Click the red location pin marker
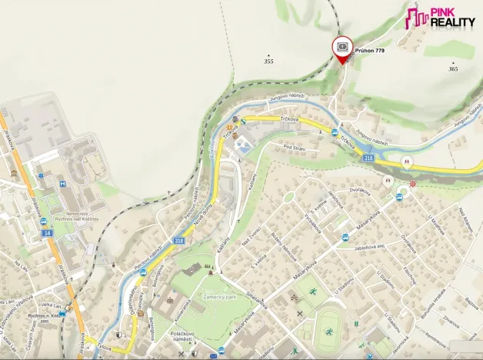[x=342, y=48]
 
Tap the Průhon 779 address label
[x=369, y=51]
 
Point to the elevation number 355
[x=268, y=61]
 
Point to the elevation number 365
[x=453, y=68]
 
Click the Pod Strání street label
[x=295, y=147]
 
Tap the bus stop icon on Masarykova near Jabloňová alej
[x=345, y=238]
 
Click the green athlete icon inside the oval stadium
[x=328, y=332]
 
